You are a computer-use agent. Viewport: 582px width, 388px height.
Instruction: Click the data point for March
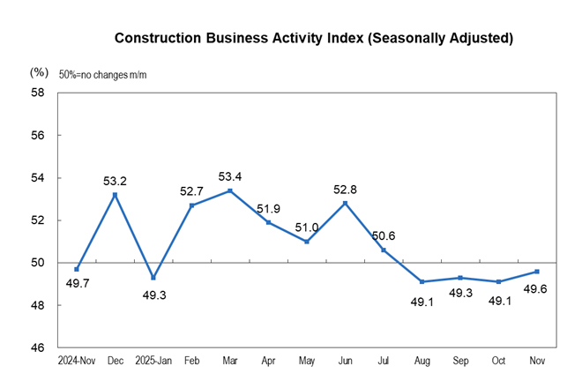[x=230, y=190]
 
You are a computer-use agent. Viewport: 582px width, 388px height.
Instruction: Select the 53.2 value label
[x=116, y=182]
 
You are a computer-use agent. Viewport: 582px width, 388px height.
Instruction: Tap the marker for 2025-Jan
[x=153, y=278]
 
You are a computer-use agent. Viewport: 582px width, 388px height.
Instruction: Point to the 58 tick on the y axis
[x=39, y=93]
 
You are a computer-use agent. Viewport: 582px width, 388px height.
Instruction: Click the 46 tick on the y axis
[x=39, y=348]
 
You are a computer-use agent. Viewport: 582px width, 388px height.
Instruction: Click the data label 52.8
[x=344, y=189]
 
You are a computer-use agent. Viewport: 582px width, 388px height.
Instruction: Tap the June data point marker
[x=345, y=203]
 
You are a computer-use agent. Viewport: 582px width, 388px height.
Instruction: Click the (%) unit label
[x=39, y=71]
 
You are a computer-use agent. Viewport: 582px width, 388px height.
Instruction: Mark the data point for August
[x=422, y=282]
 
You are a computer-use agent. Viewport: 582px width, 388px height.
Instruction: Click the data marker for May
[x=307, y=242]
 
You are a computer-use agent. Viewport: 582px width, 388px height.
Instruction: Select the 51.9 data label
[x=269, y=209]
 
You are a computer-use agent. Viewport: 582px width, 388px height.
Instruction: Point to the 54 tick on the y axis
[x=39, y=178]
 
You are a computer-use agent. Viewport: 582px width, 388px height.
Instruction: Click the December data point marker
[x=116, y=195]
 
